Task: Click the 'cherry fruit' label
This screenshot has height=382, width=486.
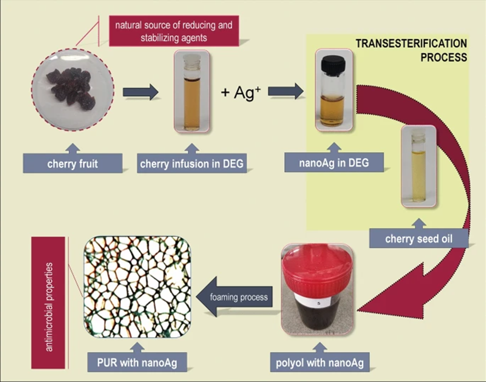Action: pos(73,163)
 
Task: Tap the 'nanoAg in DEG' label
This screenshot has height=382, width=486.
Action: pos(333,162)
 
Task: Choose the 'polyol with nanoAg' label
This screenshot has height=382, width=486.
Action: pos(319,362)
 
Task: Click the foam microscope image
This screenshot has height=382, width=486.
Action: pos(137,285)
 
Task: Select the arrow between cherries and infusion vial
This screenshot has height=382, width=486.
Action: pos(140,92)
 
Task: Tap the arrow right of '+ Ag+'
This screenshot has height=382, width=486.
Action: pos(286,91)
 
